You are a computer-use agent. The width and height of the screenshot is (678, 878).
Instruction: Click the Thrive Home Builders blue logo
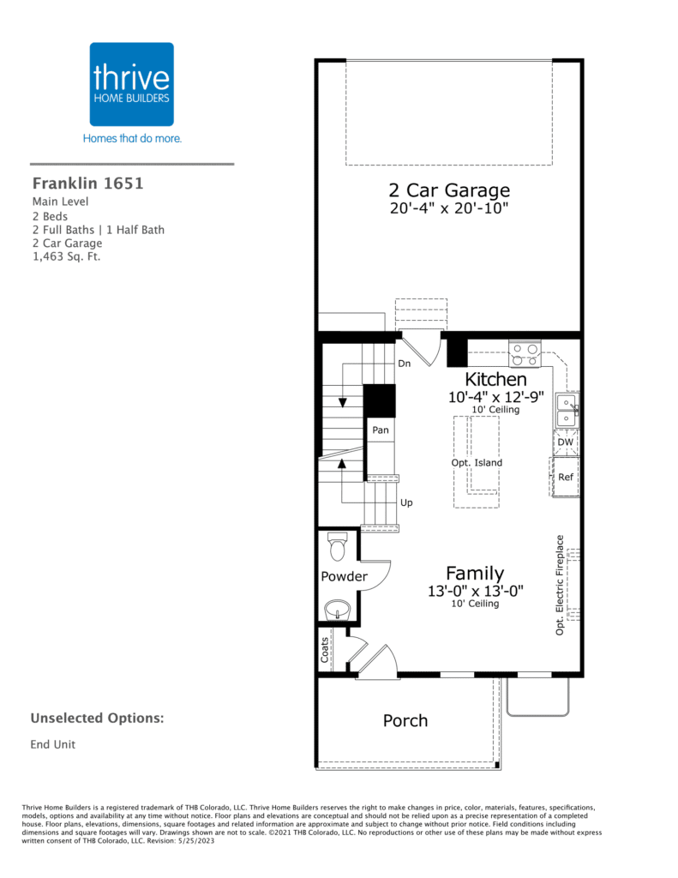pos(131,84)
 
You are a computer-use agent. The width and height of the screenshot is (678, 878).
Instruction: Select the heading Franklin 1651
pos(88,183)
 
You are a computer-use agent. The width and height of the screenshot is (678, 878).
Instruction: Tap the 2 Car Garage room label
pos(449,190)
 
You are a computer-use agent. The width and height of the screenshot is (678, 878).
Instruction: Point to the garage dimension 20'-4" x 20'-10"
pos(449,208)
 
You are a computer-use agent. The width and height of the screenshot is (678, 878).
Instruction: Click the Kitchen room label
pos(495,379)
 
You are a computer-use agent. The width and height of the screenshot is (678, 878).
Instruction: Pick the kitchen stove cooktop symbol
pos(525,355)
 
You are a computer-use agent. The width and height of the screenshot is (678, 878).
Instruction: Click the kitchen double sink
pos(567,411)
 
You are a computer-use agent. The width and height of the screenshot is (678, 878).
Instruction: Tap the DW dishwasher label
pos(566,442)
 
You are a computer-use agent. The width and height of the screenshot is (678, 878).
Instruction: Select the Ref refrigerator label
pos(566,477)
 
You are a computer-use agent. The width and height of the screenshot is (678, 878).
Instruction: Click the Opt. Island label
pos(477,462)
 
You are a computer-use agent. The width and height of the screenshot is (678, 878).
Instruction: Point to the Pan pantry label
pos(381,430)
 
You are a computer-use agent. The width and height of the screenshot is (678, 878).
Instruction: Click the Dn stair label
pos(405,364)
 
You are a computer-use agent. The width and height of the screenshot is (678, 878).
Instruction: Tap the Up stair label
pos(406,502)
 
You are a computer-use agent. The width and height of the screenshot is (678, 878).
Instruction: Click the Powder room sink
pos(337,610)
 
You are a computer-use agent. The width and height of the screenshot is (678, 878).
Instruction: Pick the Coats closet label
pos(325,650)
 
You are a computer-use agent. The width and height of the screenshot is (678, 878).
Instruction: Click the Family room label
pos(475,574)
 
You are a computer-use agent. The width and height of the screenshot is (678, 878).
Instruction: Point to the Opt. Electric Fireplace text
pos(560,585)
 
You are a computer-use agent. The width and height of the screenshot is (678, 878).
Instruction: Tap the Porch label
pos(405,720)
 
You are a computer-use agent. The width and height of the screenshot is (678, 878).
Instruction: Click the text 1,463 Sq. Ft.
pos(67,257)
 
